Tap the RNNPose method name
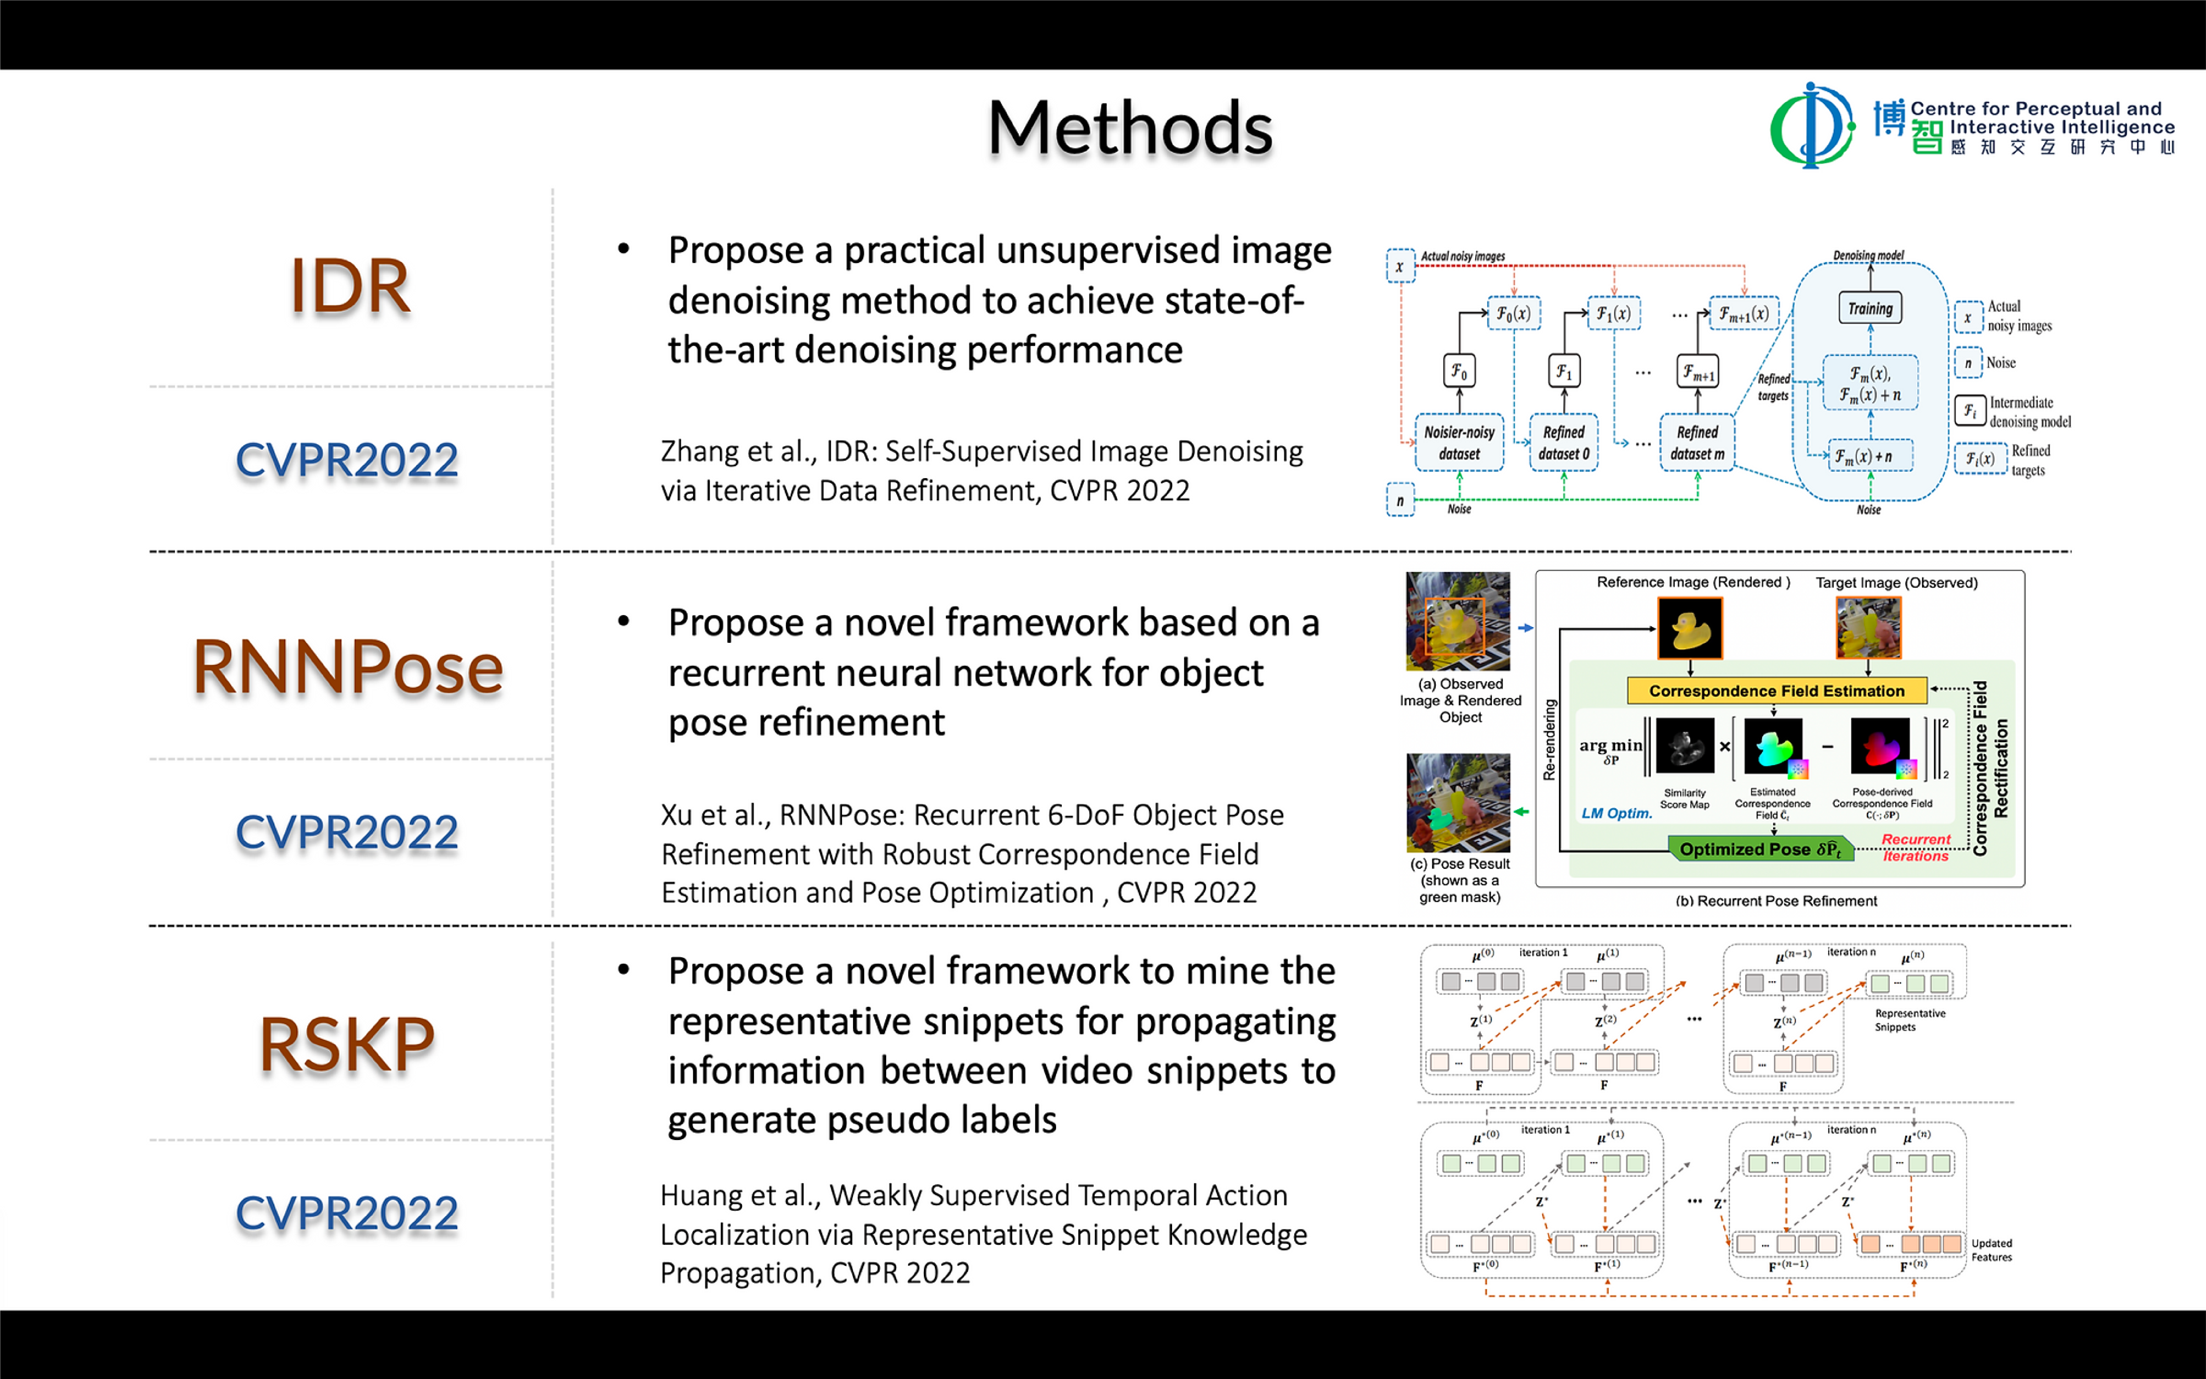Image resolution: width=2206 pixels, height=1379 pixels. tap(347, 667)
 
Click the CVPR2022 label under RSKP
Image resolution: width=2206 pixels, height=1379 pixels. tap(347, 1213)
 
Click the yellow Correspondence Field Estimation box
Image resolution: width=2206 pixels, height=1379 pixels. tap(1776, 690)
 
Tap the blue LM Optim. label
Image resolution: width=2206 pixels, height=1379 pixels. tap(1616, 813)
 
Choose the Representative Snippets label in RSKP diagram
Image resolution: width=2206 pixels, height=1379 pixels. tap(1910, 1020)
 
